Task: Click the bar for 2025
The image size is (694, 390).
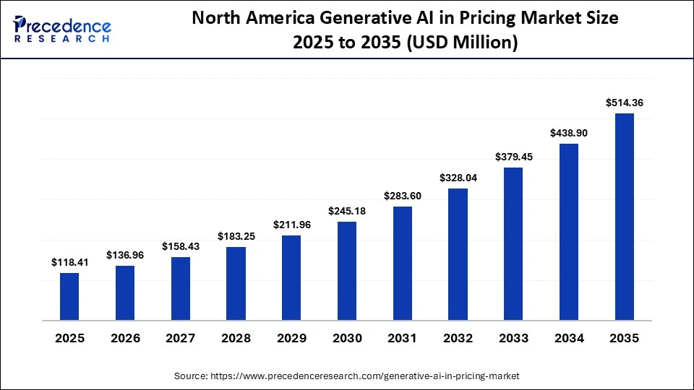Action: (69, 296)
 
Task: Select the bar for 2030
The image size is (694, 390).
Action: (347, 270)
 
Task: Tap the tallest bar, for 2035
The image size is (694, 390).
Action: (625, 217)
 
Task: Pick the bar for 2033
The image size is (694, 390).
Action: (513, 243)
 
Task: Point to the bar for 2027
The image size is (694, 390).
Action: (181, 288)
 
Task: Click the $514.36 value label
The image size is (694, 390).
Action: (625, 103)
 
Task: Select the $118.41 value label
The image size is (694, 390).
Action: (69, 263)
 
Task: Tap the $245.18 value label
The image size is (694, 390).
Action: (347, 211)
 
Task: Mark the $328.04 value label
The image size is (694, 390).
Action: (458, 178)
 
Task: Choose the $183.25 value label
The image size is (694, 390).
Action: (236, 236)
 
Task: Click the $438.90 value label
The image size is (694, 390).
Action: (569, 134)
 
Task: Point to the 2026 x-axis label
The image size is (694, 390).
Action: (125, 338)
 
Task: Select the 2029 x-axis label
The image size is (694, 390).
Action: (291, 338)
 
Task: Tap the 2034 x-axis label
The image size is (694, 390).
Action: (569, 338)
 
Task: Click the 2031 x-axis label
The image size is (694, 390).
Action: (403, 338)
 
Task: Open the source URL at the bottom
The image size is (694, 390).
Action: (347, 376)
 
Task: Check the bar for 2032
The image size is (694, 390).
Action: (458, 254)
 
